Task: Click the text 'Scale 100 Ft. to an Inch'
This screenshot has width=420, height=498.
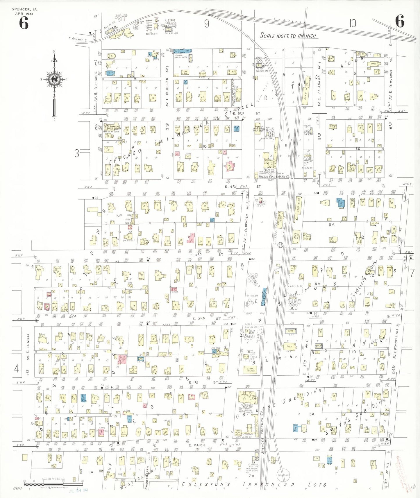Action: click(288, 36)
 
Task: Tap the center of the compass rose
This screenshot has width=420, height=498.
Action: click(54, 79)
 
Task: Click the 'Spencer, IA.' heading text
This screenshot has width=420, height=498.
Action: click(24, 9)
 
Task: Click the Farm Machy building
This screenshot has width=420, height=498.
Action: click(251, 370)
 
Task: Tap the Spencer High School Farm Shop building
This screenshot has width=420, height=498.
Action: click(259, 128)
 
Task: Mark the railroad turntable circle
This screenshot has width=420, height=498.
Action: click(283, 476)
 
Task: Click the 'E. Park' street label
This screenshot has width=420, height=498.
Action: click(197, 445)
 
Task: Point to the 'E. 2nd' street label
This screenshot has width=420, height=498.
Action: click(199, 318)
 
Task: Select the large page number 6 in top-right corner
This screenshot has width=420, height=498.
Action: click(400, 22)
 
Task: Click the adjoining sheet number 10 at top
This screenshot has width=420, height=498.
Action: click(353, 23)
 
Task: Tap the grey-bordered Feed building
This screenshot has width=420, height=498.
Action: click(290, 331)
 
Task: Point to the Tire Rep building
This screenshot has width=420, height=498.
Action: click(185, 72)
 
